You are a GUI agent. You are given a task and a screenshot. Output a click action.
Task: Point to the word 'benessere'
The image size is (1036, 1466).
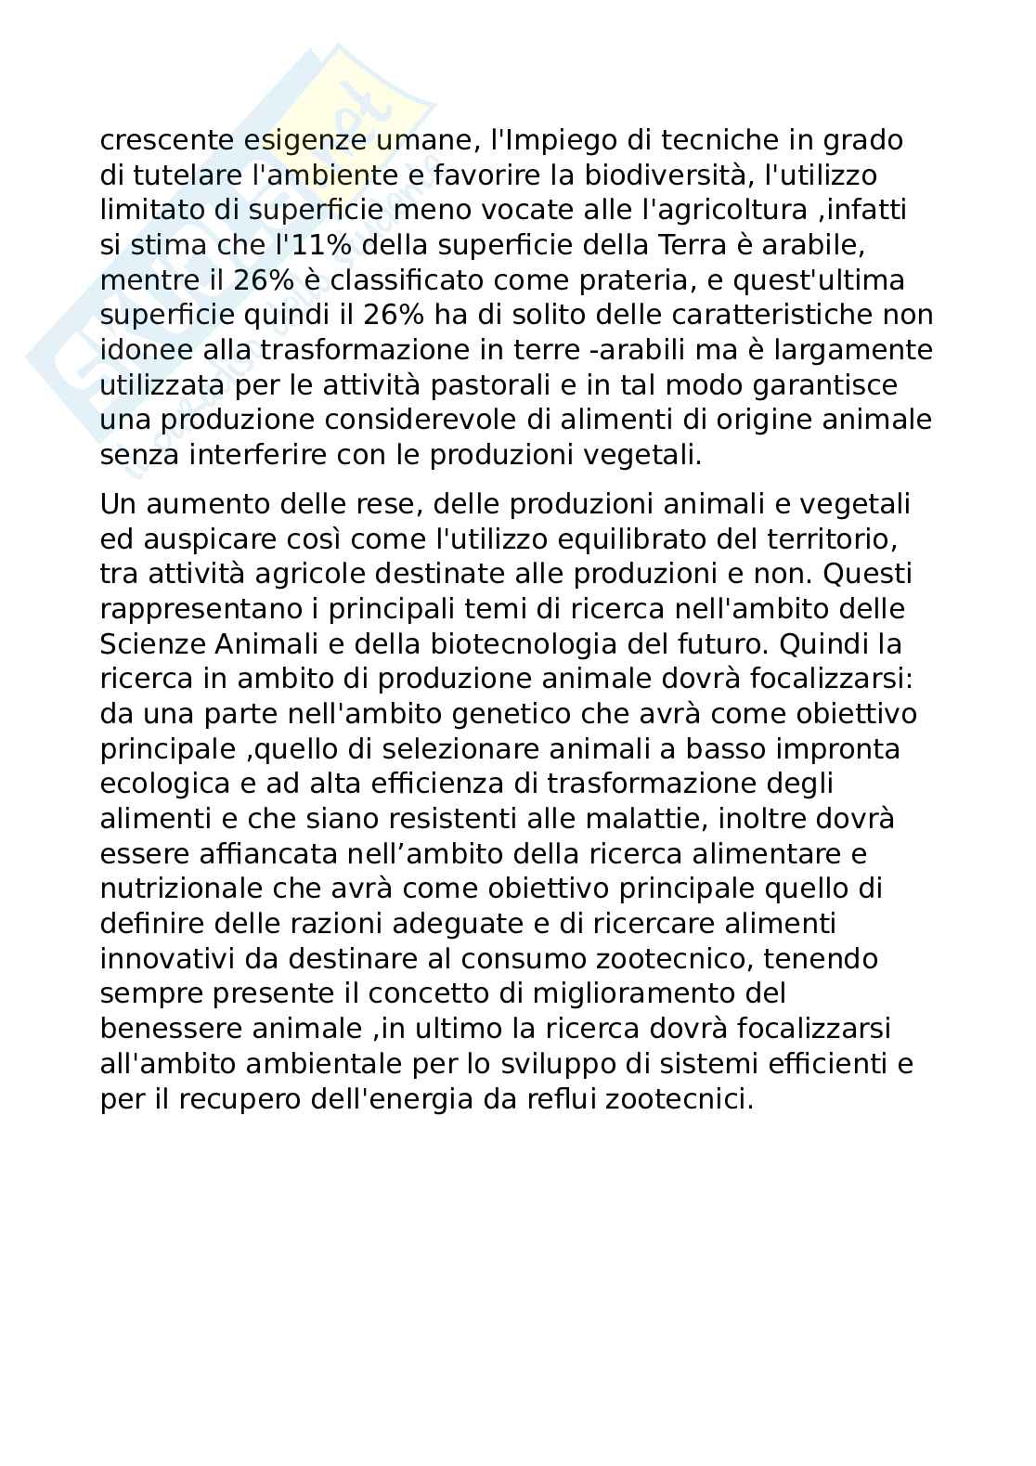(x=169, y=1029)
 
